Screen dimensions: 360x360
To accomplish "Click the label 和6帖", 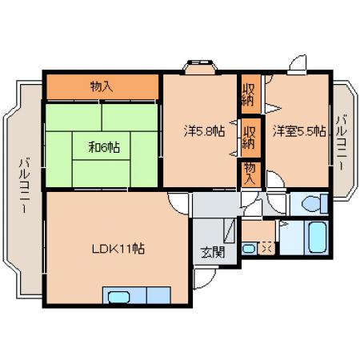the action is (104, 147).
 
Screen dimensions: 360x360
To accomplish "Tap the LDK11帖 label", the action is (118, 249).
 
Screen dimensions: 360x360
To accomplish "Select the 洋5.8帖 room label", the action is (204, 131).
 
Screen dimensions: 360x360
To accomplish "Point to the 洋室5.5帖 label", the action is (299, 131).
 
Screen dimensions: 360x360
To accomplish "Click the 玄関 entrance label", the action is (213, 252).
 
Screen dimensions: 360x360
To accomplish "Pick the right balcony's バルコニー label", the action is (341, 142).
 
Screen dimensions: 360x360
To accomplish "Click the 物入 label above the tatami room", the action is (102, 87).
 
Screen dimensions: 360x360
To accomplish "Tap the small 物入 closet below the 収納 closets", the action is (250, 174).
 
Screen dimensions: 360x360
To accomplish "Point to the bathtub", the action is (317, 237).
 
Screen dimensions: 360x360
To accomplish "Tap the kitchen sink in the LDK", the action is (119, 297).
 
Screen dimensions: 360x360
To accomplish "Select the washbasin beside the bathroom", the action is (249, 249).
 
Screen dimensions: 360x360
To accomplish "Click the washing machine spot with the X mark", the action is (266, 249).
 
